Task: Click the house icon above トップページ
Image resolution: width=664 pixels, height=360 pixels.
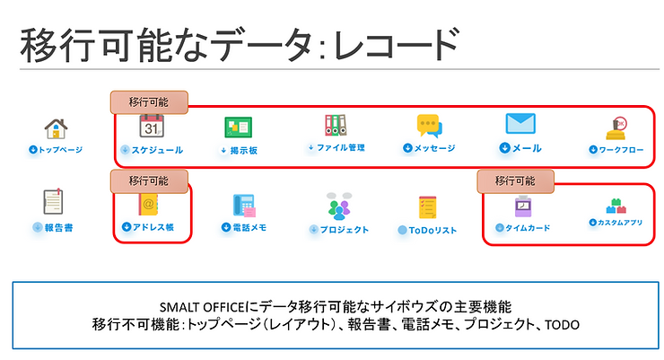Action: [56, 129]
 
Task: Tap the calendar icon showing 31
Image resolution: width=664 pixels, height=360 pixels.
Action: [151, 127]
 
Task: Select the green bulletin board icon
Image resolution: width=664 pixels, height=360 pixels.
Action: [239, 127]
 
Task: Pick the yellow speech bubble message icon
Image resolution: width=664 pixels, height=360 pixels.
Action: [429, 126]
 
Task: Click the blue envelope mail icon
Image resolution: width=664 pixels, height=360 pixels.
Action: [520, 124]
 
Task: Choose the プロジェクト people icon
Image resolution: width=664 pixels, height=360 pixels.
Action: [338, 207]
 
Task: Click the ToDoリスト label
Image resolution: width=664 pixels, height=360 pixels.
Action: [427, 230]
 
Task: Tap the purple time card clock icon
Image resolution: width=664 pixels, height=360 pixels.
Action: [522, 206]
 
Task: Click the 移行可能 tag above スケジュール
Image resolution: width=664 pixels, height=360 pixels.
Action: [148, 102]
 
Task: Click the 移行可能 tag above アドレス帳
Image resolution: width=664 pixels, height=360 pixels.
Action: [148, 180]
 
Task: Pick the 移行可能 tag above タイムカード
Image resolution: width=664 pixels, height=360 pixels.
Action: [515, 180]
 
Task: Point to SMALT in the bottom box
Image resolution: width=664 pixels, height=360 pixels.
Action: [176, 305]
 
